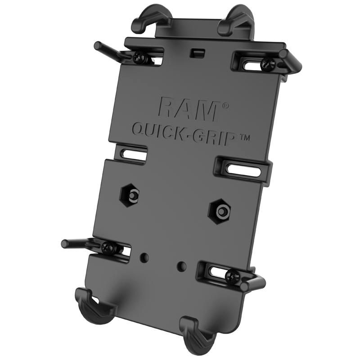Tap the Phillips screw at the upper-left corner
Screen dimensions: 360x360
pos(138,57)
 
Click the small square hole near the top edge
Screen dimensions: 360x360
pos(194,53)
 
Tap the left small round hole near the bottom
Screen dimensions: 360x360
pos(144,257)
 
